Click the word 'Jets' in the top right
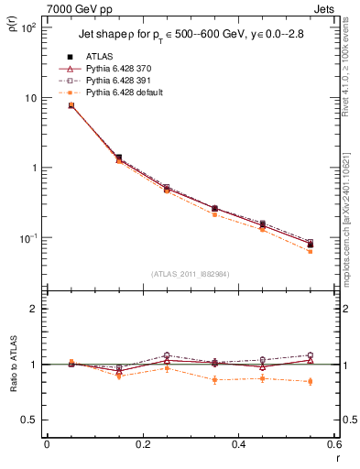pos(326,7)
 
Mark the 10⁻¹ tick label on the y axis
pos(27,238)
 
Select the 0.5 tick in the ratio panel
pos(30,420)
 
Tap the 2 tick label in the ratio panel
pos(34,309)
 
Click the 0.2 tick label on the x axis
pos(142,444)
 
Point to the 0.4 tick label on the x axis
pos(238,444)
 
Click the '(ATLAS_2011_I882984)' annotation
pos(190,273)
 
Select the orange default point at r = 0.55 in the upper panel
pos(311,251)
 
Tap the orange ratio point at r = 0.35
pos(214,379)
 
